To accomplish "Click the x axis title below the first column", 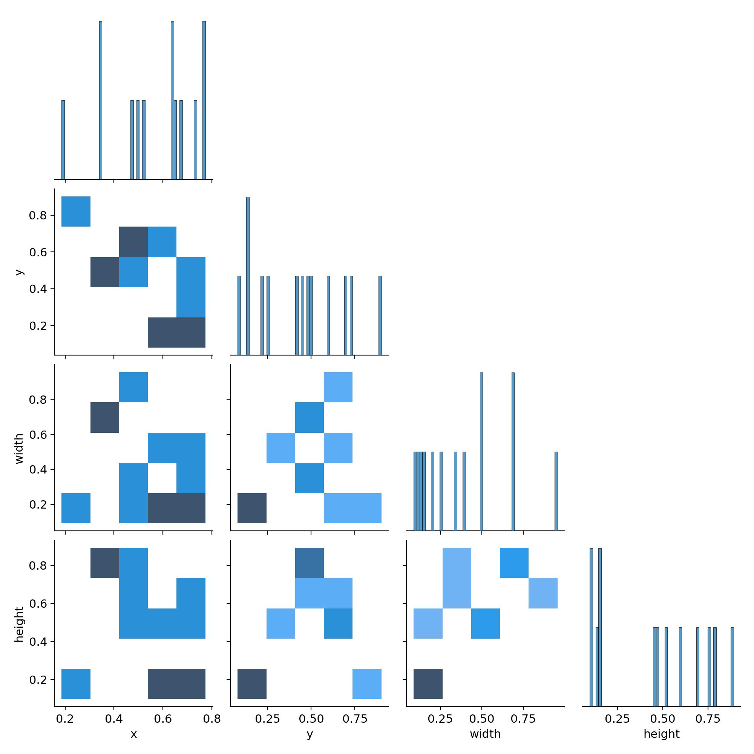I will (x=133, y=734).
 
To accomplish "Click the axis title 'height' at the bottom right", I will (x=662, y=734).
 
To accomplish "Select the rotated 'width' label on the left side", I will (x=19, y=448).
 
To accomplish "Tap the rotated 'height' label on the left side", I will (x=19, y=624).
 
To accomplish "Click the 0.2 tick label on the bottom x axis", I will (x=65, y=719).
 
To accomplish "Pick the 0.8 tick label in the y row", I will (x=38, y=215).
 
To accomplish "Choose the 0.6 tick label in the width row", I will (x=38, y=434).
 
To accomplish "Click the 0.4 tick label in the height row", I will (x=38, y=642).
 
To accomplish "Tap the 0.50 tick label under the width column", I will (x=481, y=719).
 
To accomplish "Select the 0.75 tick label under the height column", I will (x=708, y=719).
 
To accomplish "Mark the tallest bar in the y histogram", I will (x=248, y=276).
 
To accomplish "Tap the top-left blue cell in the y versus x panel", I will (x=76, y=211).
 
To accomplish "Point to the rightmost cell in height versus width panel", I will (x=543, y=593).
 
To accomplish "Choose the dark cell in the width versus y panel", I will (x=252, y=508).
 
